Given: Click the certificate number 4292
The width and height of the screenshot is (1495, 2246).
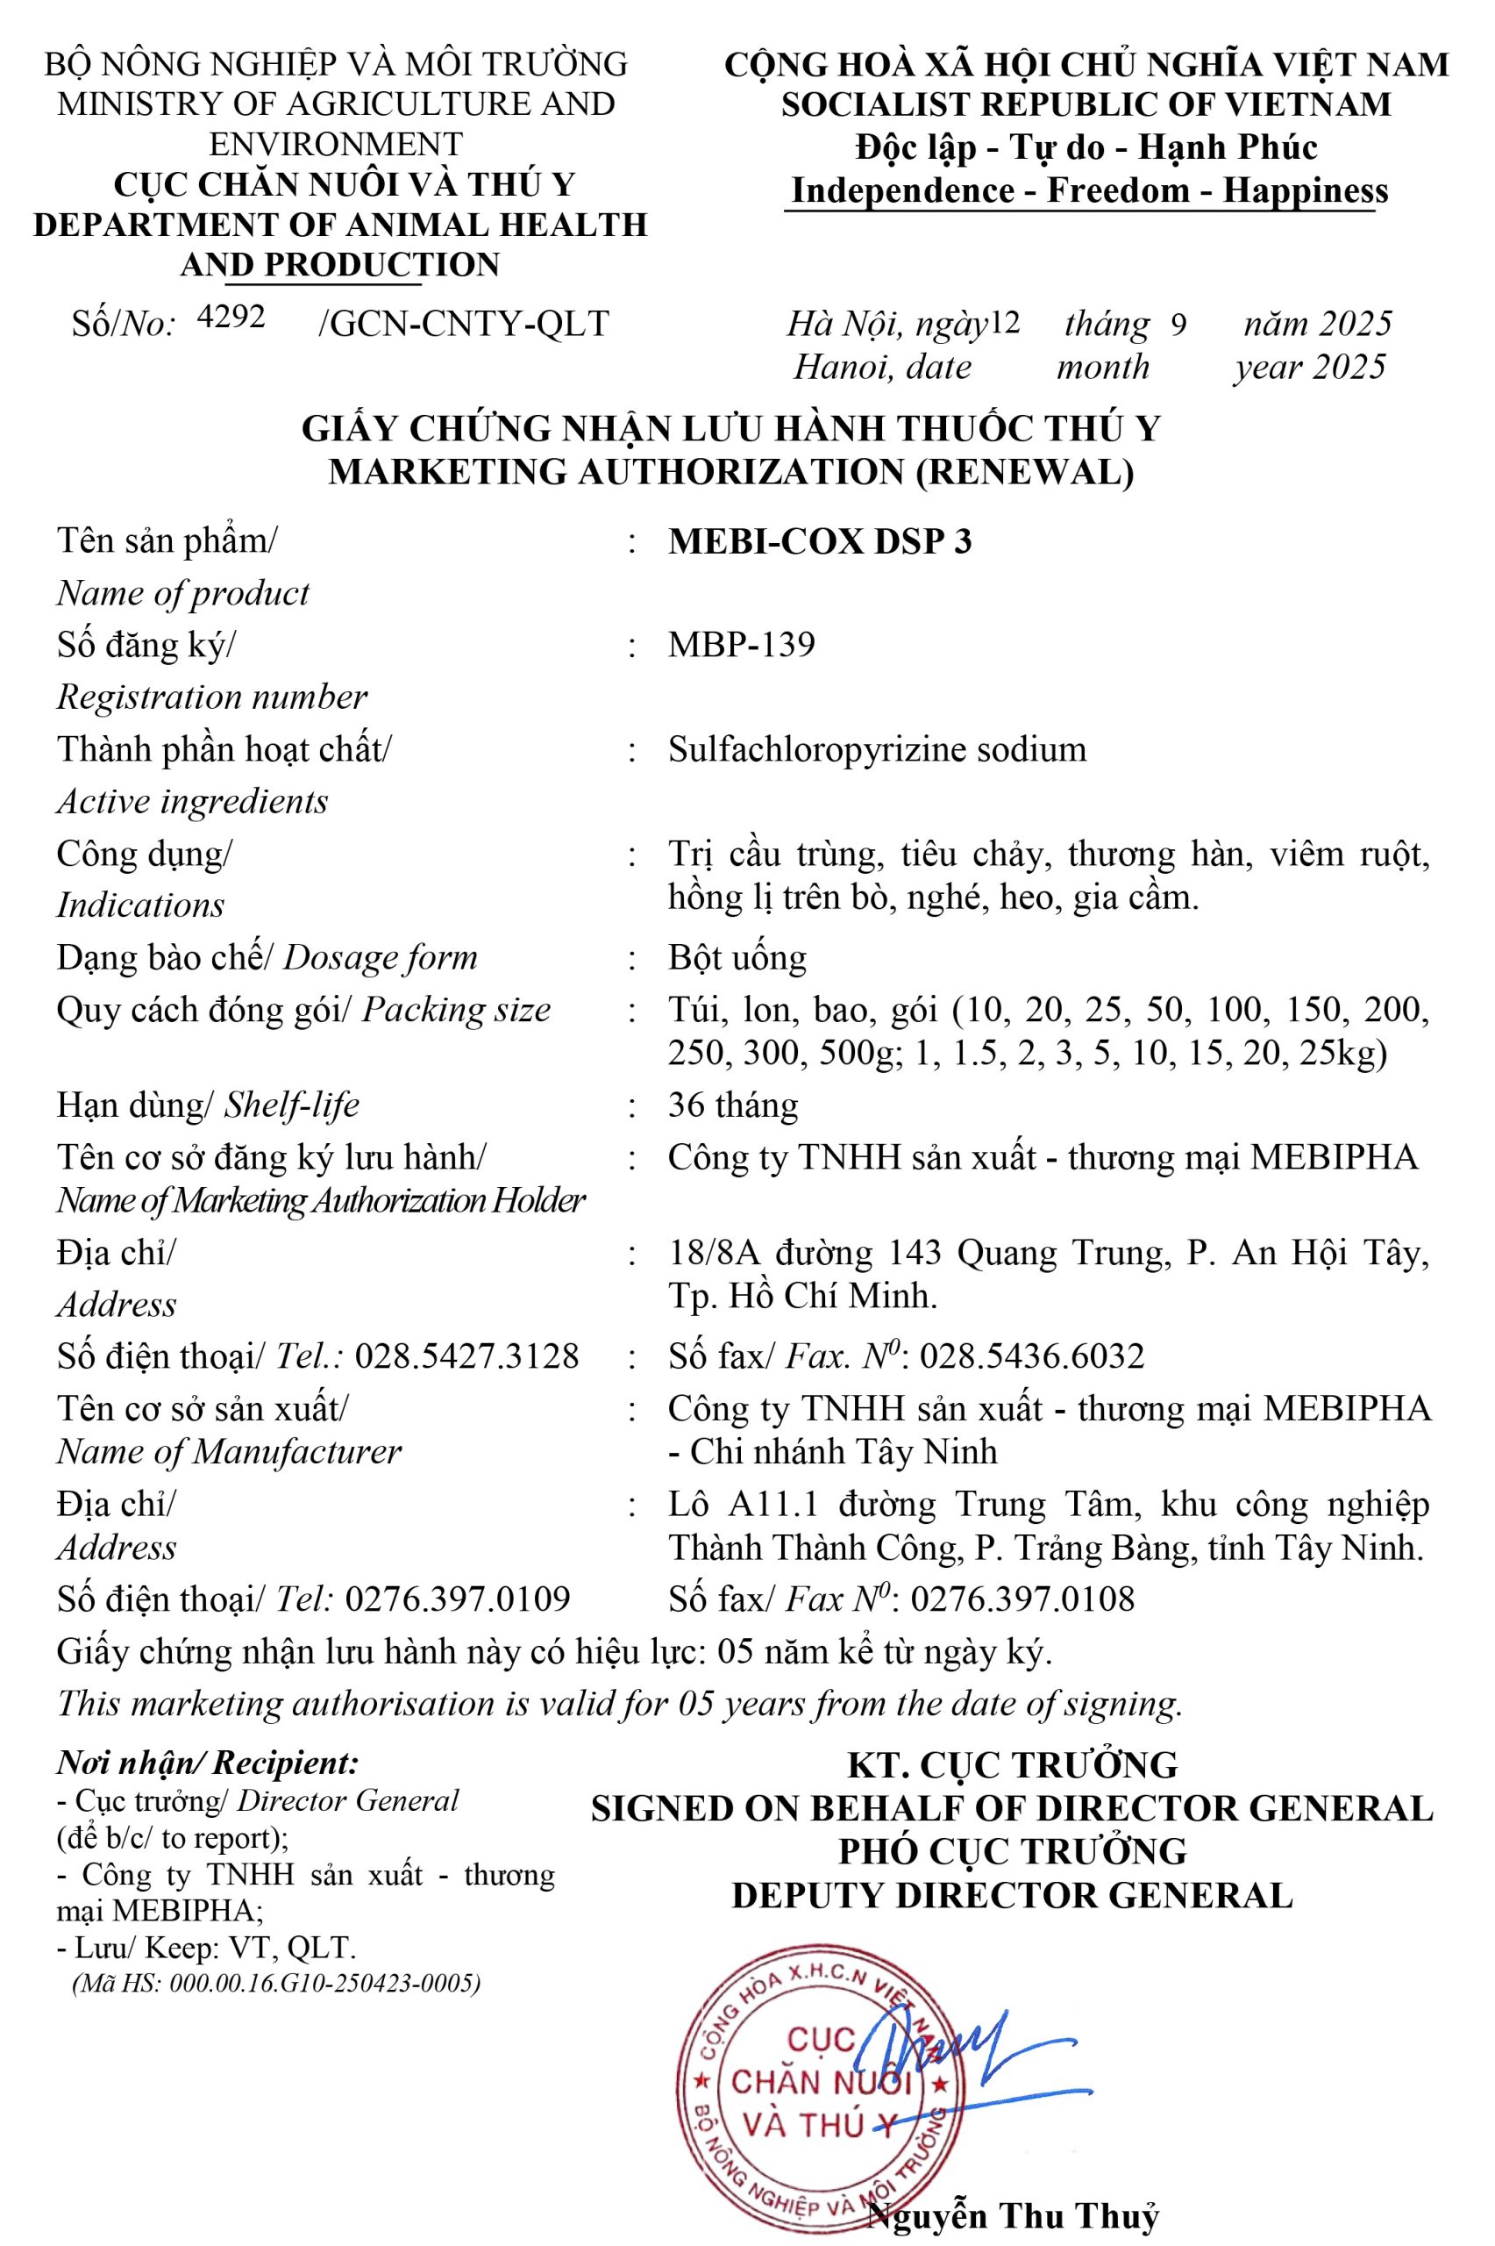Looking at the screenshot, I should pos(231,317).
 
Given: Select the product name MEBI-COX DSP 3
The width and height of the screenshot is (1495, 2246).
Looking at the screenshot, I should pos(820,541).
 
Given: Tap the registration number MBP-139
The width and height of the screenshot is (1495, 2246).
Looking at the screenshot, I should pos(742,645).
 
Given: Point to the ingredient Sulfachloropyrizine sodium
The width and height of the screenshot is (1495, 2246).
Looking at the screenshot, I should pos(877,749).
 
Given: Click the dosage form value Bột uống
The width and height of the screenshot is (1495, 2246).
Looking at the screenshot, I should pos(737,957).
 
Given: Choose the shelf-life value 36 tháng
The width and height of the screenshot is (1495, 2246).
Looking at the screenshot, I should pos(732,1105).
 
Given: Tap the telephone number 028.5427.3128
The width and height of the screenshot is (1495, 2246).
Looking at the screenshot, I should pos(466,1356).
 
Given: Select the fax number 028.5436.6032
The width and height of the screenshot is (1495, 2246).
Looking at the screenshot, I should pos(1032,1356).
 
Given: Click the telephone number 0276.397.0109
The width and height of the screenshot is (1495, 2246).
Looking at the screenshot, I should pos(458,1599).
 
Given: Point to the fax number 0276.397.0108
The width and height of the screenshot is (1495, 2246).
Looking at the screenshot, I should pos(1023,1599).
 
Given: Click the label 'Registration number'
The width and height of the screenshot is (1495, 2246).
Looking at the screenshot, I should pos(211,697).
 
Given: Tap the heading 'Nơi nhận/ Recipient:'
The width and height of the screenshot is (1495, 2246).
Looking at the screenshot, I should pos(208,1763).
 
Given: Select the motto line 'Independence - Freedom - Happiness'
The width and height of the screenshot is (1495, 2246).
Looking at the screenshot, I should pos(1090,190).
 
